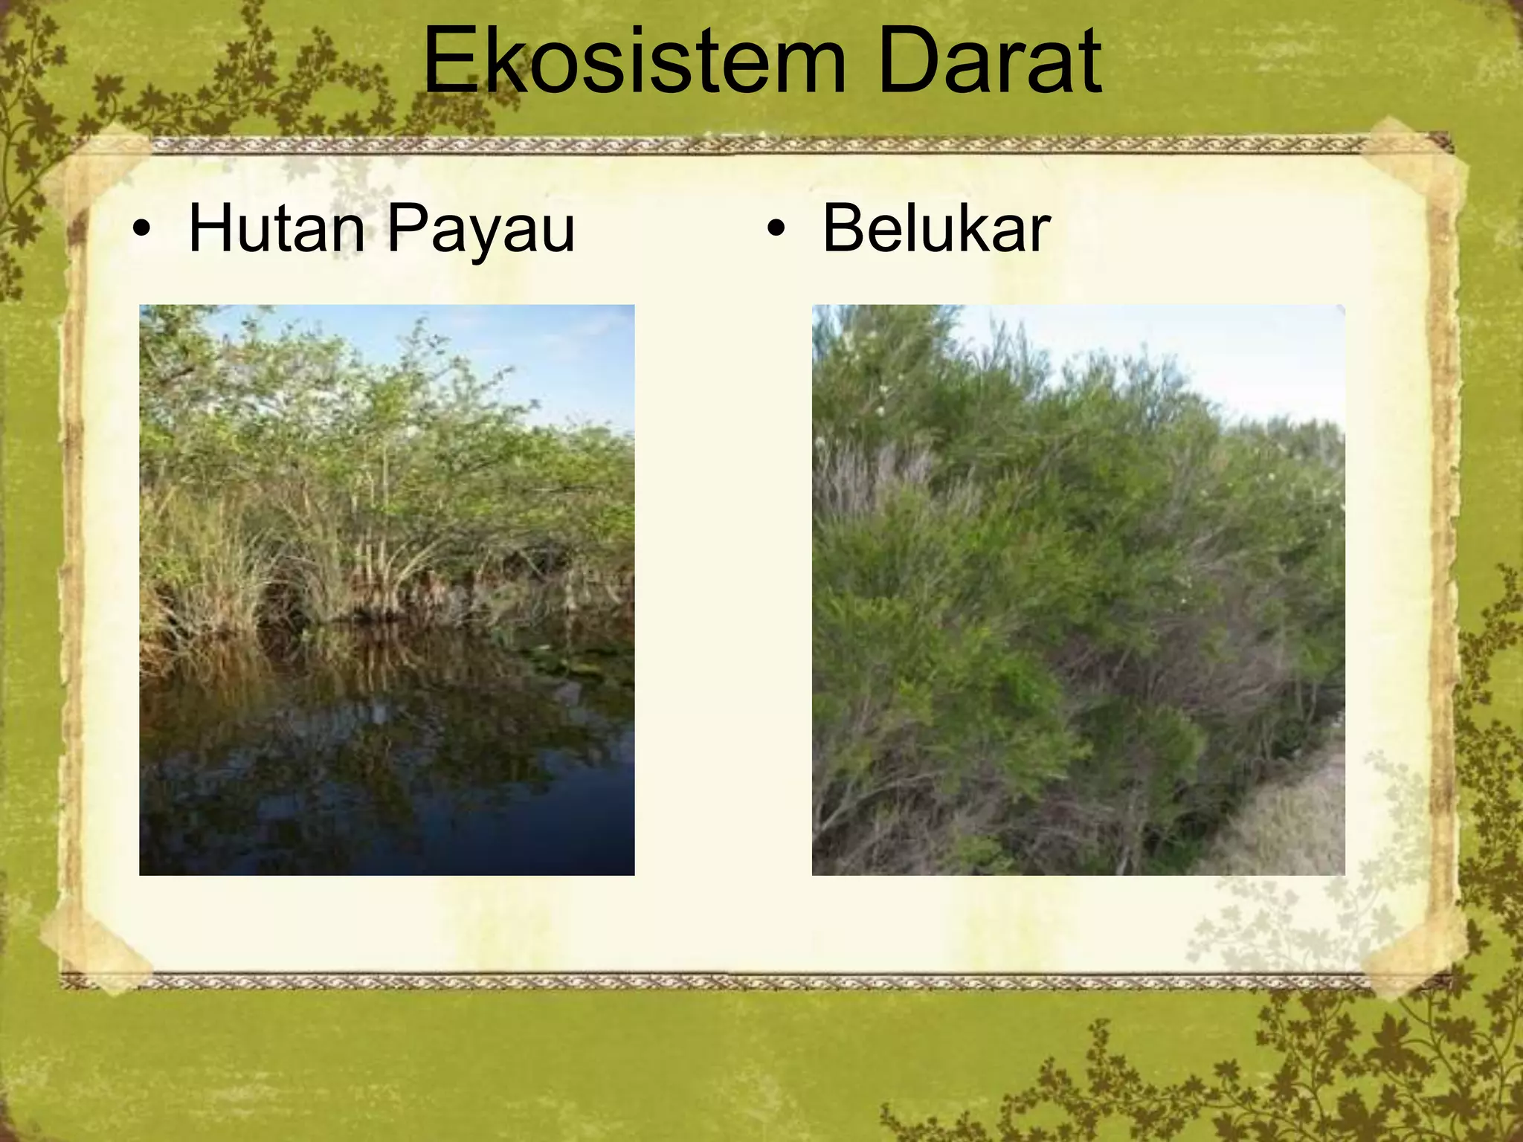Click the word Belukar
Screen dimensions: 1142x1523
[x=936, y=229]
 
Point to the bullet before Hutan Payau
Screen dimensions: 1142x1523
[x=141, y=230]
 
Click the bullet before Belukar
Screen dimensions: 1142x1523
[x=776, y=230]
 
